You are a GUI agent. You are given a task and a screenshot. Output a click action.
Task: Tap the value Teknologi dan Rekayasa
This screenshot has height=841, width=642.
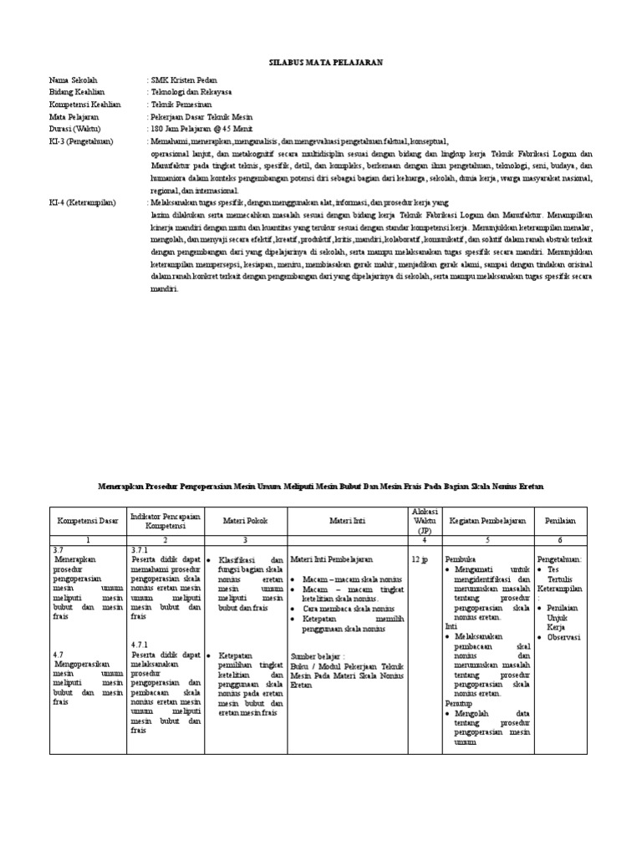click(x=191, y=92)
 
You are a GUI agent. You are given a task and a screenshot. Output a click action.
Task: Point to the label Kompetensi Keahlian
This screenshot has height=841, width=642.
click(x=85, y=104)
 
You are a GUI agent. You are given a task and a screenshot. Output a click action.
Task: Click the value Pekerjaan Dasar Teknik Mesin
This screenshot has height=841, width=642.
click(x=201, y=117)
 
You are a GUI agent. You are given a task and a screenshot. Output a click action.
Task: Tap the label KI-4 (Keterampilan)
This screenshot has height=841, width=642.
click(x=83, y=203)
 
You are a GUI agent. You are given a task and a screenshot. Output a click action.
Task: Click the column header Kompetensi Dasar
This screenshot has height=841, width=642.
click(x=87, y=521)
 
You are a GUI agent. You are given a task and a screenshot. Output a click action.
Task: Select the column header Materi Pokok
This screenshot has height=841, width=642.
click(x=245, y=521)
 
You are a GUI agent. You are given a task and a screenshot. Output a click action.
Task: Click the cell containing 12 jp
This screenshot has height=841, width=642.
click(x=420, y=558)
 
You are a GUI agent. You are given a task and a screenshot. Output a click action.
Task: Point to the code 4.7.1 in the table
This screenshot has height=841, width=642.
click(x=140, y=645)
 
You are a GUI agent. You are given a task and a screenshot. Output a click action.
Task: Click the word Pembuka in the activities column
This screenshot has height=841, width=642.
click(x=461, y=558)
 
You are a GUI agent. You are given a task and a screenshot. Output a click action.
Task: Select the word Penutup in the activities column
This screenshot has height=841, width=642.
click(x=459, y=704)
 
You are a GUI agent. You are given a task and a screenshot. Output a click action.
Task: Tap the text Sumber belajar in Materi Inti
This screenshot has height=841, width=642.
click(x=318, y=657)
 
